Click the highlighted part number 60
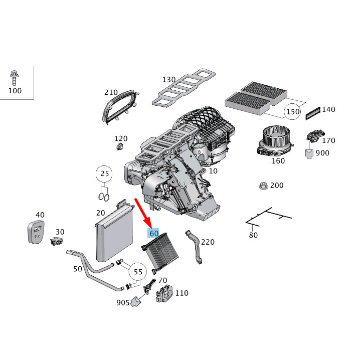153,233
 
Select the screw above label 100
14,78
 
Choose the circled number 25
104,174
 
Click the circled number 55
138,272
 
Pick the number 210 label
111,92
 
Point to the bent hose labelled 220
194,246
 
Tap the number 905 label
123,302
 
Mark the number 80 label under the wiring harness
253,235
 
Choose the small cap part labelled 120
119,146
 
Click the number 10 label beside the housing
214,171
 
